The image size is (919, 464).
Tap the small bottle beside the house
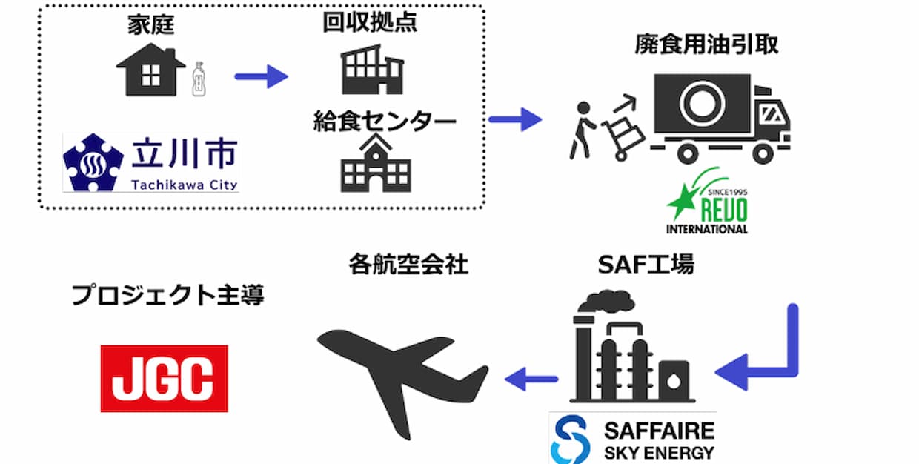[x=198, y=79]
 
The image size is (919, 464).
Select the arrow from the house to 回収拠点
[x=261, y=76]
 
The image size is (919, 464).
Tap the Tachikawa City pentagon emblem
[x=93, y=162]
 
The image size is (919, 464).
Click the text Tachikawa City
[x=185, y=183]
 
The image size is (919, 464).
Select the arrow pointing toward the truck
[x=516, y=118]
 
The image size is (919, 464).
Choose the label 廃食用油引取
[x=706, y=45]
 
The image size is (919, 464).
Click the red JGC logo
[x=164, y=378]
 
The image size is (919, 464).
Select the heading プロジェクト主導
[x=167, y=296]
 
